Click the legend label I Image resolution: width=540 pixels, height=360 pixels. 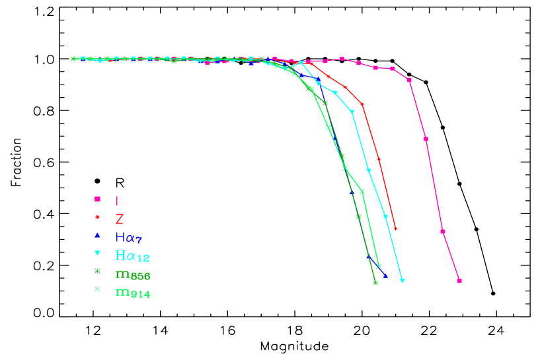(x=117, y=200)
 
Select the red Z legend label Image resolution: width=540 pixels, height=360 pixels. (x=120, y=219)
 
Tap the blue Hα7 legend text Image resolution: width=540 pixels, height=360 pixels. (x=128, y=237)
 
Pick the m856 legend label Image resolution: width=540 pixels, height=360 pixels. (x=132, y=273)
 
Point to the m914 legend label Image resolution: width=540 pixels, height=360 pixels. (x=132, y=291)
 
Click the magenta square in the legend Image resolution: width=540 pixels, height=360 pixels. (x=97, y=199)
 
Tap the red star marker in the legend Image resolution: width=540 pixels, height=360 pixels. (x=97, y=217)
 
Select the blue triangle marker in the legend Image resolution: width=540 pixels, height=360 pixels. (x=97, y=235)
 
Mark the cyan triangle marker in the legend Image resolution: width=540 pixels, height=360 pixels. (x=97, y=253)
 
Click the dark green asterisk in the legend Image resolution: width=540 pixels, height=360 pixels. (x=97, y=271)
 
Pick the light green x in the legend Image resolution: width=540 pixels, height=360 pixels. (x=97, y=289)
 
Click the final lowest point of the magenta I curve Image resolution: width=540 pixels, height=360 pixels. (x=459, y=281)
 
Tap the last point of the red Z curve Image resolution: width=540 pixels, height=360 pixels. (x=395, y=229)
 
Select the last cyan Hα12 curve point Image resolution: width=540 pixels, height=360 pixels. (x=402, y=281)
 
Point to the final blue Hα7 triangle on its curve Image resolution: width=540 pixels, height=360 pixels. (x=385, y=275)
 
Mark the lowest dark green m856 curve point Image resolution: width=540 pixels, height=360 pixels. (x=375, y=283)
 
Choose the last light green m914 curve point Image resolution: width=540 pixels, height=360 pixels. (x=379, y=266)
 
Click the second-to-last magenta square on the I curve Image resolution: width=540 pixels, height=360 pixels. (x=443, y=232)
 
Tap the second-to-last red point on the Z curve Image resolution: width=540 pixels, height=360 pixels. (x=379, y=159)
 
